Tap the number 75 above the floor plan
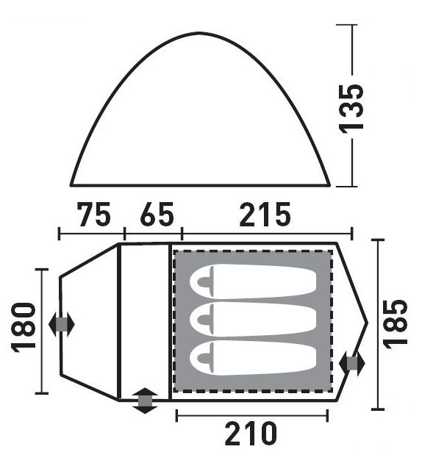(94, 214)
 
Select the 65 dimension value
(157, 214)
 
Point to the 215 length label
(265, 214)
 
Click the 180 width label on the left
(24, 328)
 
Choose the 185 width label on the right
(396, 324)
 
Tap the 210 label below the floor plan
(251, 434)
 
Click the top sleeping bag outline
(253, 281)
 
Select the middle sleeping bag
(253, 319)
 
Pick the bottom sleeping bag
(253, 358)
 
